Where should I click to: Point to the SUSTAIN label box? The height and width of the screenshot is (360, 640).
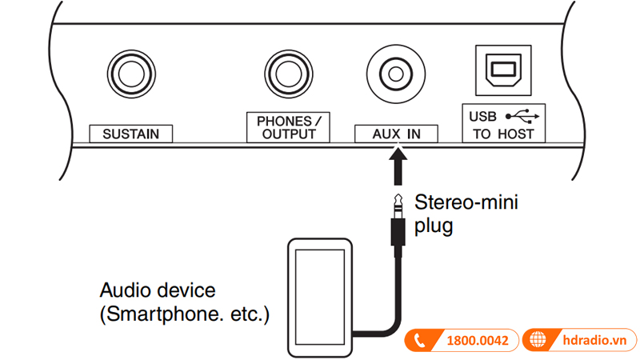click(130, 134)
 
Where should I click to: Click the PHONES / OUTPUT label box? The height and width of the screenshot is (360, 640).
click(287, 127)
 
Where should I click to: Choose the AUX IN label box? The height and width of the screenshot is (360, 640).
click(397, 134)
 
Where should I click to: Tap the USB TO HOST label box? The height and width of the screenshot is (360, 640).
click(503, 124)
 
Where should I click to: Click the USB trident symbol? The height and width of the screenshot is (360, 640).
click(528, 114)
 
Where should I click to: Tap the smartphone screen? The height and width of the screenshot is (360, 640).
click(319, 295)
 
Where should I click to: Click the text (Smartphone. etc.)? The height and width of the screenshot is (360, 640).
click(184, 314)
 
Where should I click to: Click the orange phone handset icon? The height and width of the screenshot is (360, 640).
click(419, 341)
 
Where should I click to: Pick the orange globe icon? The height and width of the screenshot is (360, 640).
click(540, 340)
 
